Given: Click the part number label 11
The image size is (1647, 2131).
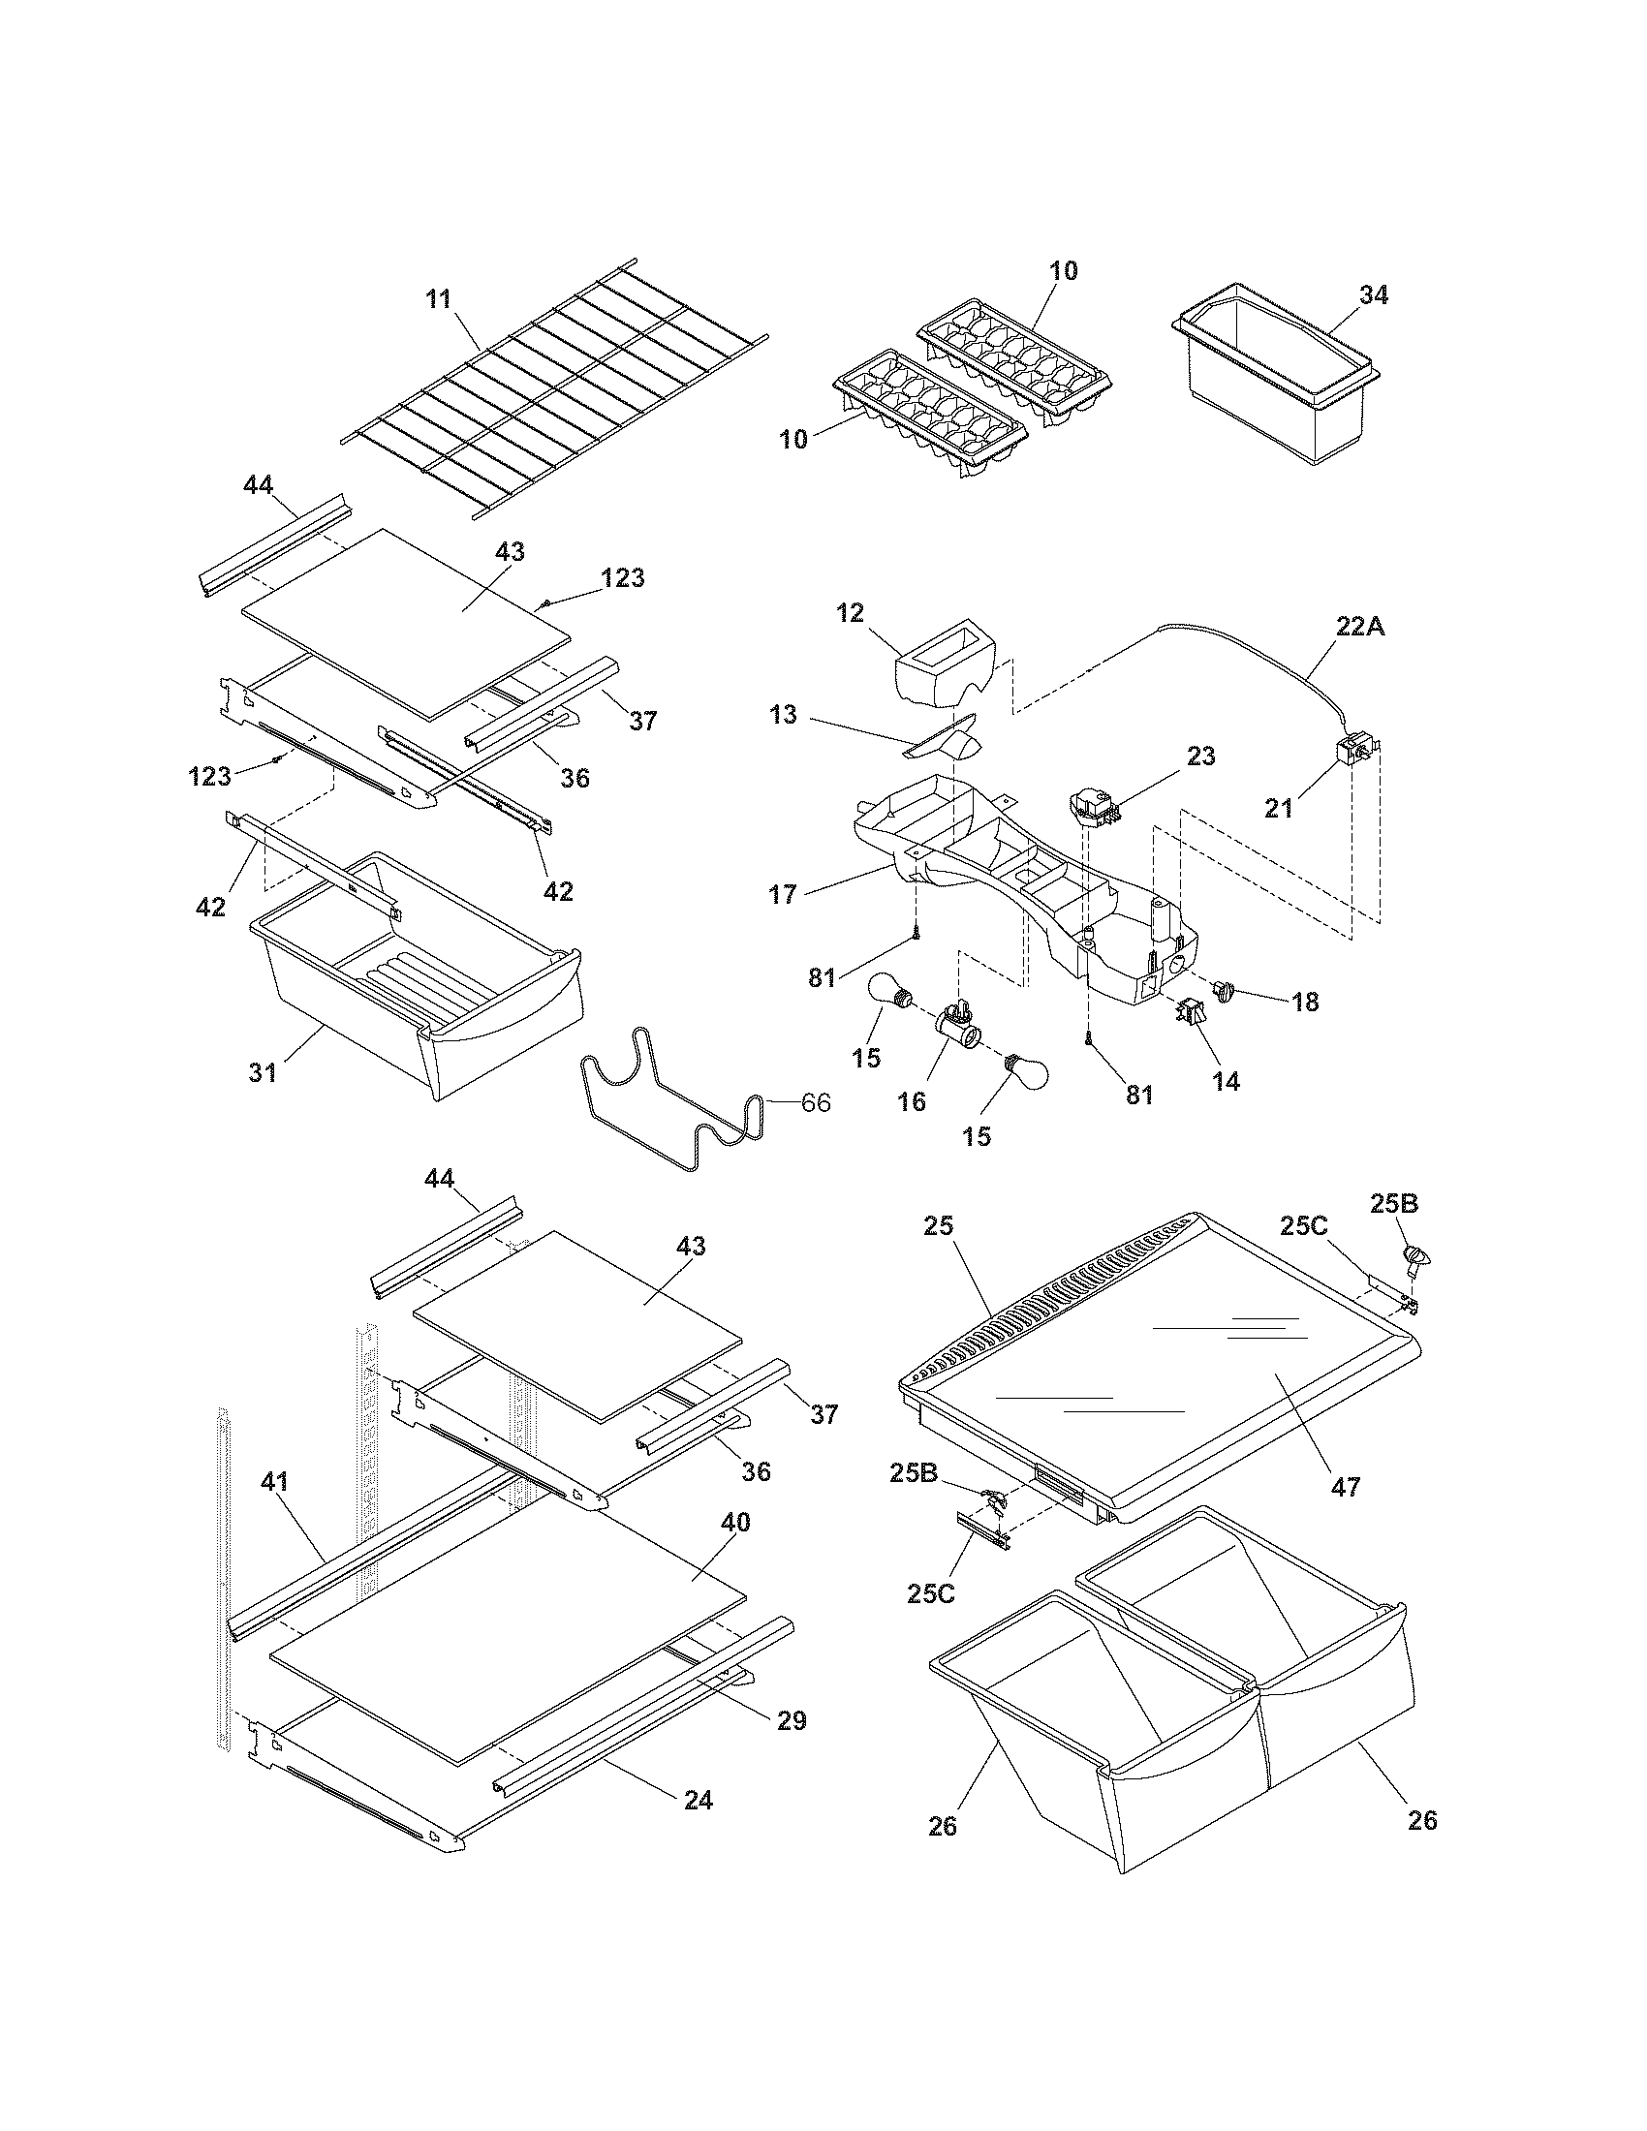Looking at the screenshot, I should tap(439, 298).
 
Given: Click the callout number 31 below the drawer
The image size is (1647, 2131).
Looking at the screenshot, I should tap(263, 1072).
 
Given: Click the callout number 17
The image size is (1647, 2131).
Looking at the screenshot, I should tap(783, 894).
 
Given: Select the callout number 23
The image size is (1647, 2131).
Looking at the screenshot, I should tap(1200, 756).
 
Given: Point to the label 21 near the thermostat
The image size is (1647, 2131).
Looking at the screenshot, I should tap(1278, 808).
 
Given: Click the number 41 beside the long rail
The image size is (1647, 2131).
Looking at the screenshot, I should tap(274, 1481).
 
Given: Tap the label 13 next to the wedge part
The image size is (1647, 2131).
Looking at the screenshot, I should tap(783, 715).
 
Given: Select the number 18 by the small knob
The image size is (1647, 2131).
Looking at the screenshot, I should tap(1305, 1002).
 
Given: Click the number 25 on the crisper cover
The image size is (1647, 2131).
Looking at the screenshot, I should tap(939, 1226).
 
